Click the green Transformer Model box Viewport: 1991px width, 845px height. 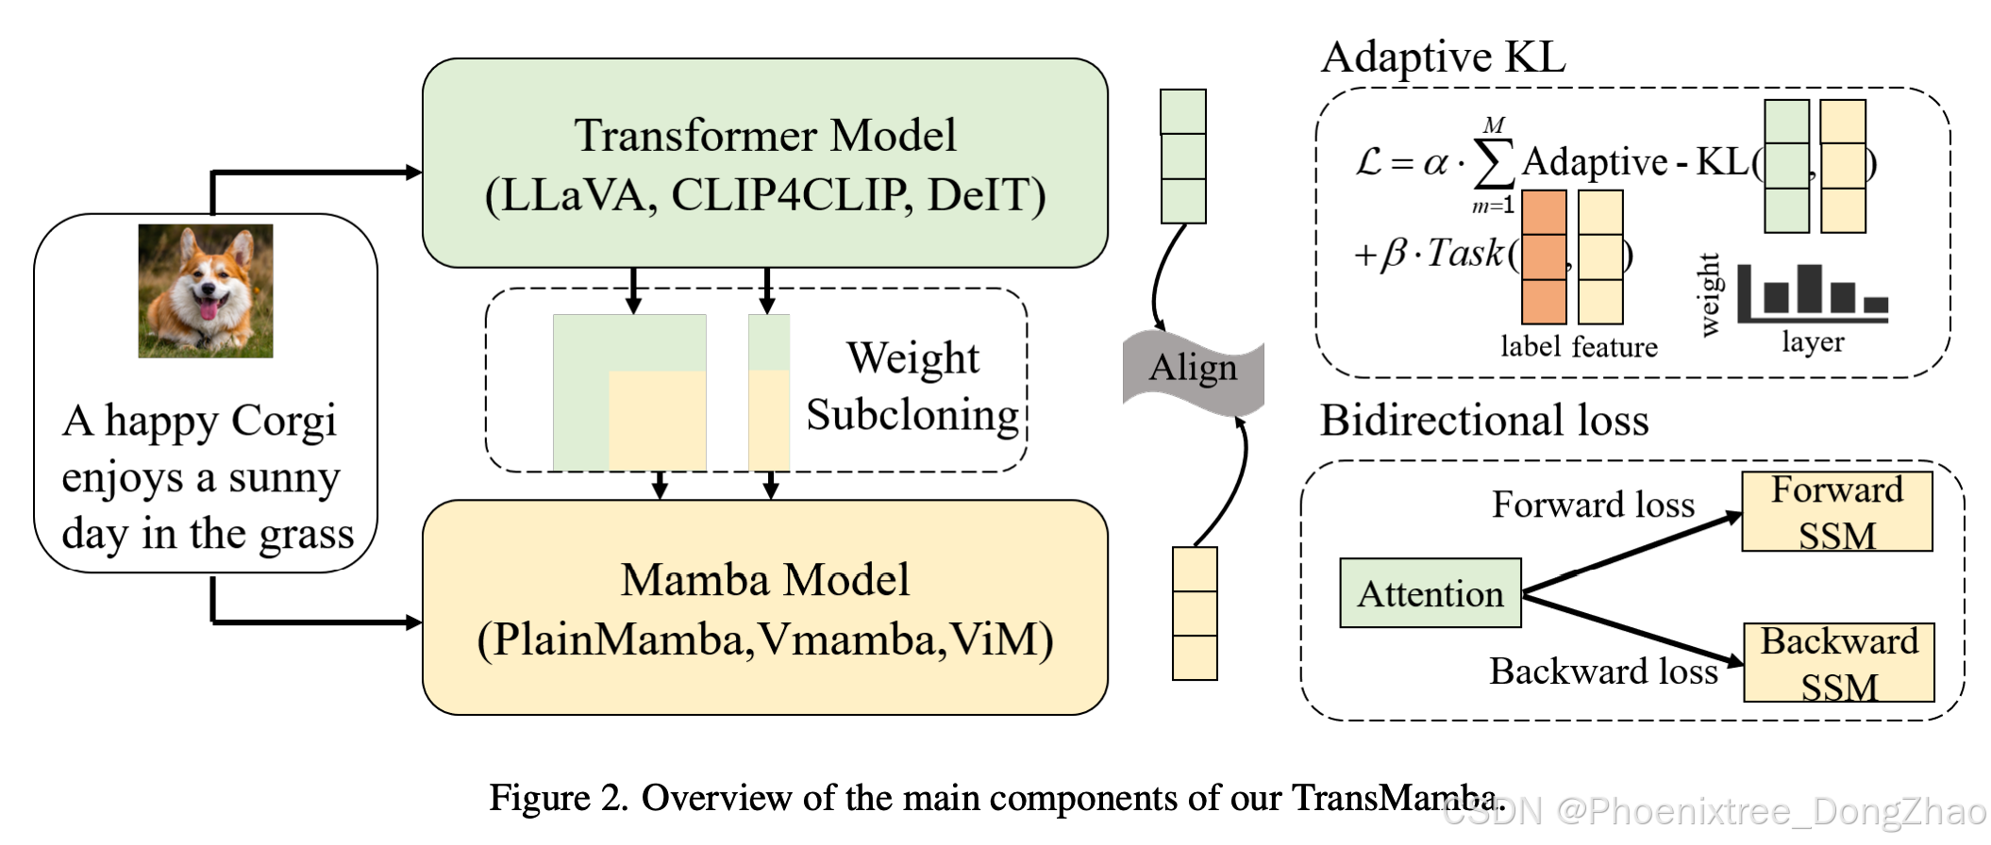click(764, 163)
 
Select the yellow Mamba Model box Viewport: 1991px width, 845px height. click(764, 608)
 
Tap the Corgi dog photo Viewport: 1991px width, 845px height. click(206, 290)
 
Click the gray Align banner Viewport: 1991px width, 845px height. click(1193, 369)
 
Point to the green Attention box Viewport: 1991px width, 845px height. click(1430, 593)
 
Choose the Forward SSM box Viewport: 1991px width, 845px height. click(1836, 511)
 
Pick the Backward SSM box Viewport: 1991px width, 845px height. click(1838, 662)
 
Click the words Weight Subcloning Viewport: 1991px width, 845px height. click(912, 387)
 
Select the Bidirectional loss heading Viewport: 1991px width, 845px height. click(1483, 420)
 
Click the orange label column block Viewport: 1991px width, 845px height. click(1544, 257)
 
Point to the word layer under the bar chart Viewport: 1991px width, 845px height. click(1812, 341)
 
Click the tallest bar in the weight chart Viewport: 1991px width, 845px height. click(1809, 289)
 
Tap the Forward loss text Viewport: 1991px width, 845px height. click(1593, 505)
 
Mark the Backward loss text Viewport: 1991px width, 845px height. click(1602, 671)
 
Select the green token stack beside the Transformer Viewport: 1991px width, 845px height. click(1182, 156)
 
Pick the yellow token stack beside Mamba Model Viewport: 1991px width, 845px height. click(1195, 613)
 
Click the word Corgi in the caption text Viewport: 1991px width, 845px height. click(283, 422)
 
